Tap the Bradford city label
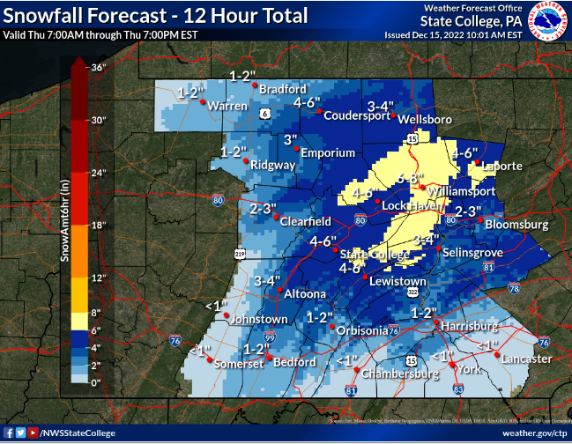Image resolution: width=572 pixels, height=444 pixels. [x=282, y=90]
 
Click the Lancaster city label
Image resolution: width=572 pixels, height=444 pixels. [x=526, y=359]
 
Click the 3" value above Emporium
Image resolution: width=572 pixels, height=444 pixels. [x=291, y=139]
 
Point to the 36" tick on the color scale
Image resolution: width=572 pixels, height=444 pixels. [x=98, y=67]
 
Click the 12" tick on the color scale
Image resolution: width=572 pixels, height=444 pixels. [x=98, y=278]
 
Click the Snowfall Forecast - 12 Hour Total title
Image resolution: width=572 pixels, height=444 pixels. [x=155, y=15]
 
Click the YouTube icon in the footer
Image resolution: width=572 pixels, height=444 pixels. [x=33, y=433]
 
